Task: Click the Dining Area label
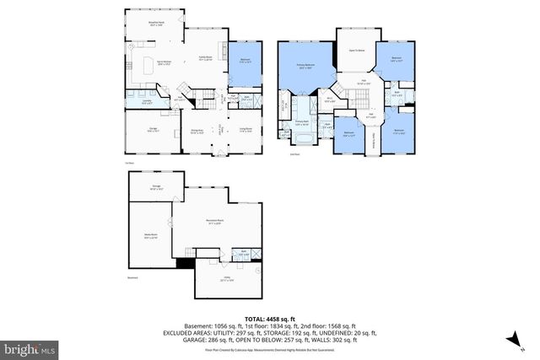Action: [196, 131]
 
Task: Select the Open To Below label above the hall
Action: [357, 51]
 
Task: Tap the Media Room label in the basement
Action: [150, 238]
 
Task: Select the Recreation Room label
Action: [213, 223]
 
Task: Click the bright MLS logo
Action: [30, 347]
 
